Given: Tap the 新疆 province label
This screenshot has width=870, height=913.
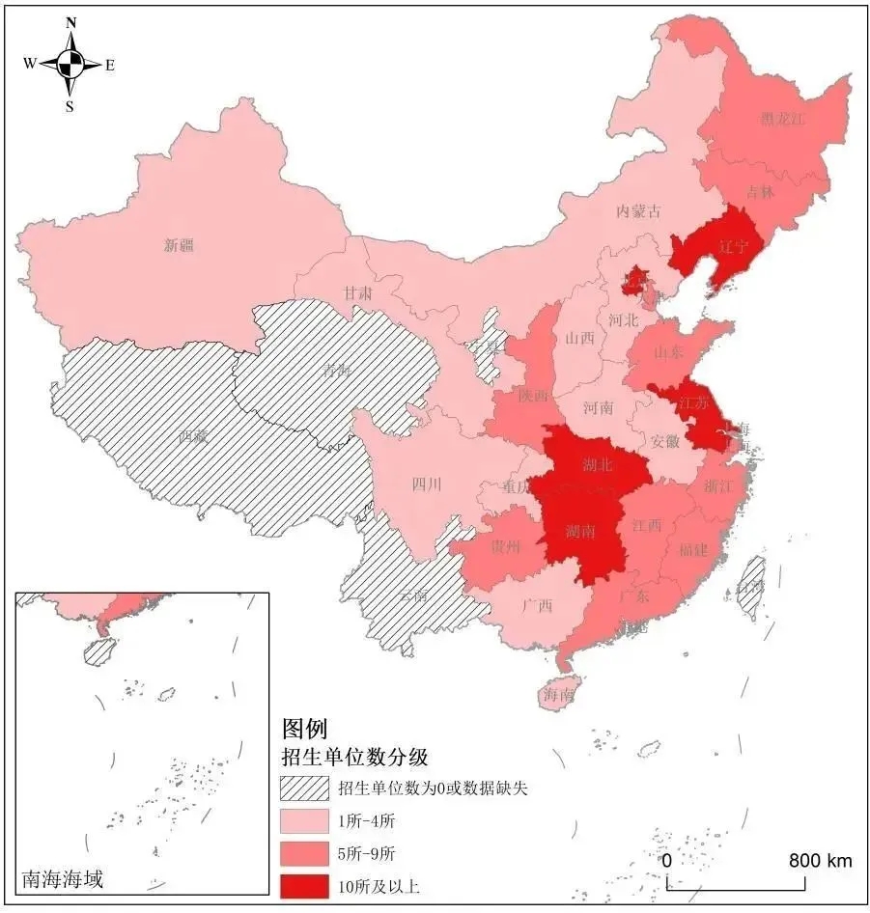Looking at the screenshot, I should (x=178, y=245).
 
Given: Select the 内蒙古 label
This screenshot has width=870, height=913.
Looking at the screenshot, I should (x=640, y=211).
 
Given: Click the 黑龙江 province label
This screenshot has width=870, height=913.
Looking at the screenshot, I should (x=781, y=119).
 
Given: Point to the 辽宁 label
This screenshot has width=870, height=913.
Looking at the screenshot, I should (x=733, y=246).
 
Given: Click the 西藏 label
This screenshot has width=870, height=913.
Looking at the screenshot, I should (x=193, y=435).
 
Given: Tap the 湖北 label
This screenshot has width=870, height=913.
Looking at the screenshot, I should (x=598, y=464).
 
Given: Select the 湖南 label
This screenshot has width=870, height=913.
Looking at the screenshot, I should (x=580, y=530).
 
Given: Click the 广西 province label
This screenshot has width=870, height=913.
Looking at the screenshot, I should (x=537, y=606).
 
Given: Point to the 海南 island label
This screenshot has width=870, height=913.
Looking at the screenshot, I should (x=558, y=693).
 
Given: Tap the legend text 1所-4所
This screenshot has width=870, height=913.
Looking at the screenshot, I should (x=367, y=821).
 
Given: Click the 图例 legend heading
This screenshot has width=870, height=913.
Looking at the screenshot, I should (x=304, y=728).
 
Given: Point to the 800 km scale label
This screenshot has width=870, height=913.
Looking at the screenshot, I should (x=820, y=860).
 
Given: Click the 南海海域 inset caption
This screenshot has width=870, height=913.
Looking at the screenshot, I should (x=62, y=879).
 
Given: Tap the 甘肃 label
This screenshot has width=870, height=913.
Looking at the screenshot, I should (x=358, y=291).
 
